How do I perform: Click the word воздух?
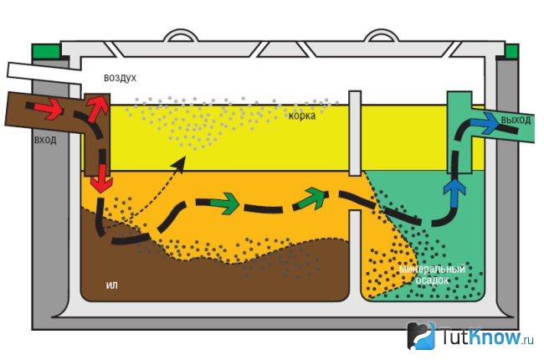(x=120, y=78)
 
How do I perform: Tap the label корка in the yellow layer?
(x=302, y=116)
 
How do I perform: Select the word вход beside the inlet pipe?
(x=45, y=141)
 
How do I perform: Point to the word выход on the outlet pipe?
(x=516, y=121)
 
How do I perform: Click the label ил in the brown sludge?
(x=111, y=285)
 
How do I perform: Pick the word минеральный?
(x=432, y=269)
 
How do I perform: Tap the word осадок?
(x=432, y=280)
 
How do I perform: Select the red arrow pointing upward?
(x=97, y=106)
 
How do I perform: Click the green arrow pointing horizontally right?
(x=225, y=203)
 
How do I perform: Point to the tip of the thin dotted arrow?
(x=185, y=157)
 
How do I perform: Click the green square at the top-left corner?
(x=46, y=51)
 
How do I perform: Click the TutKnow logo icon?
(x=421, y=336)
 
